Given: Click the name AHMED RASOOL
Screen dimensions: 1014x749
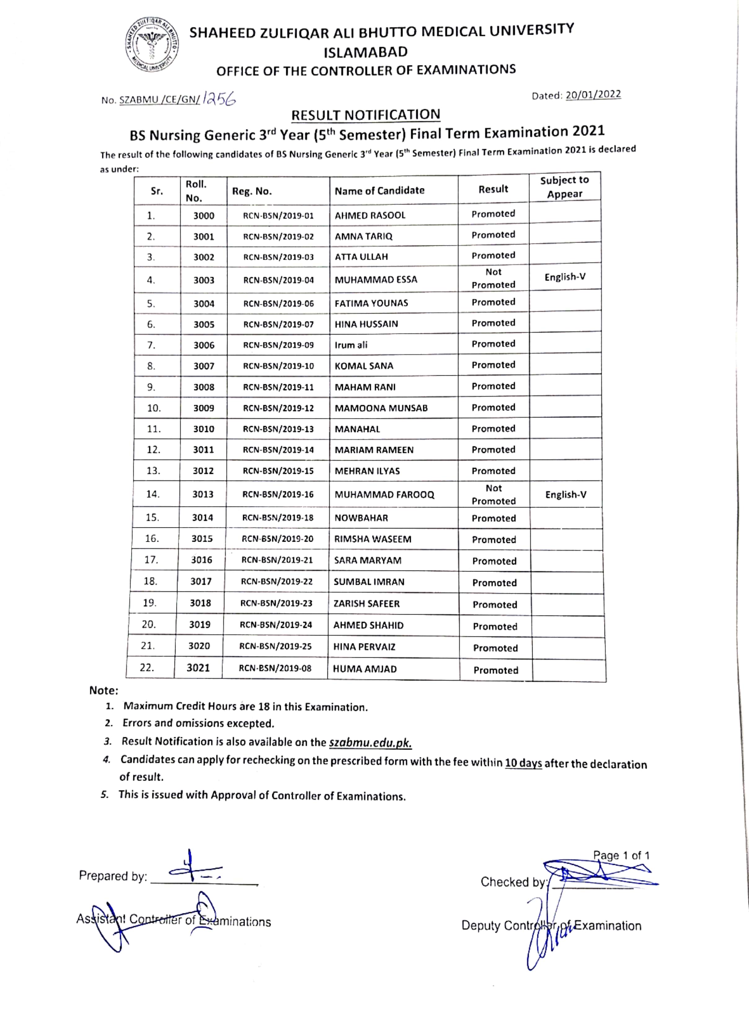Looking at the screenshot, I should [370, 215].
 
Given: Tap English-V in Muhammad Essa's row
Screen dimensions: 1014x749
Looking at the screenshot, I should [565, 277].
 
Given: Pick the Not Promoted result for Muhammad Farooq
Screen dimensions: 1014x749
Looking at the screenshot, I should [494, 495].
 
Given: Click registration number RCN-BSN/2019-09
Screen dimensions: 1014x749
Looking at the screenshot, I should [278, 345].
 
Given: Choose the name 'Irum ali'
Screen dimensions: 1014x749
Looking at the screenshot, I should [351, 345].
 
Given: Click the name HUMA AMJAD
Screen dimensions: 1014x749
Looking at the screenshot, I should [365, 669].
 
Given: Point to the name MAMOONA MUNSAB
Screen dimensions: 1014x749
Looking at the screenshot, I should [381, 408].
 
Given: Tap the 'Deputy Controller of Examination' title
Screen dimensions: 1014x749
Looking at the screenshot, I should [551, 925].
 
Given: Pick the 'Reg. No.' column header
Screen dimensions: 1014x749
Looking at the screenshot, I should [252, 191].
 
